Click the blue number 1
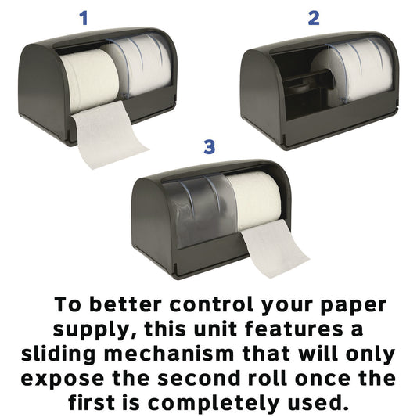(x=84, y=17)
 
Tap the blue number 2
(x=314, y=17)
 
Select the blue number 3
(x=209, y=146)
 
